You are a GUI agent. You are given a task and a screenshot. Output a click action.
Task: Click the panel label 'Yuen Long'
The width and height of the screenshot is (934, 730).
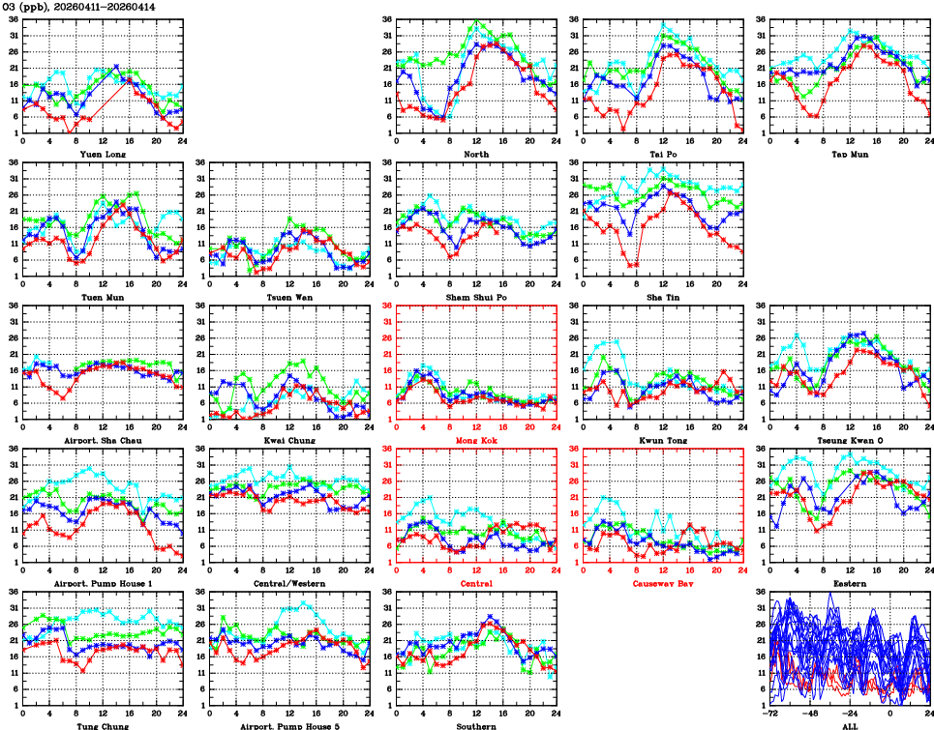pyautogui.click(x=102, y=154)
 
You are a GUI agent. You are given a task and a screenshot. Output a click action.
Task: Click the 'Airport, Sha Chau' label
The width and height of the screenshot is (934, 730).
pyautogui.click(x=102, y=440)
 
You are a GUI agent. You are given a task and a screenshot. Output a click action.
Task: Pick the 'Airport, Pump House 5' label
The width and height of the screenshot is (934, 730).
pyautogui.click(x=288, y=726)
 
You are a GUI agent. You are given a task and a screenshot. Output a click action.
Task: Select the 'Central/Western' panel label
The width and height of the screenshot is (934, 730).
pyautogui.click(x=288, y=584)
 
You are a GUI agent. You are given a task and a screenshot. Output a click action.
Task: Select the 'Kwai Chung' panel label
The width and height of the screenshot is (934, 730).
pyautogui.click(x=288, y=440)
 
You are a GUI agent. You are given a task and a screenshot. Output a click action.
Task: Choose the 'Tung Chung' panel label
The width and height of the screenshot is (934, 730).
pyautogui.click(x=102, y=726)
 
